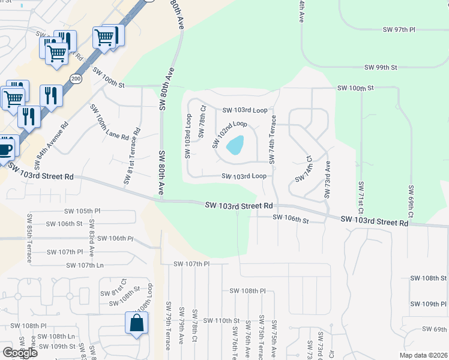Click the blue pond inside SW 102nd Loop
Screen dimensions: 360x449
click(235, 145)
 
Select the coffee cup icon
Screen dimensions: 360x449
click(5, 148)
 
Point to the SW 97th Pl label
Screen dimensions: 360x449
click(399, 29)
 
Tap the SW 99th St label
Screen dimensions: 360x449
click(381, 67)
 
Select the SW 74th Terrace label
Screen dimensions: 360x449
click(273, 139)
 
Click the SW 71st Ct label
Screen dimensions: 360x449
click(361, 198)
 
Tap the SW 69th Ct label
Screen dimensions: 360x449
click(411, 202)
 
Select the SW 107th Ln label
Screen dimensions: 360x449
click(85, 265)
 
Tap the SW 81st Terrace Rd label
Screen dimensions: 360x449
click(133, 155)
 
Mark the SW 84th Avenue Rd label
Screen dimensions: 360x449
click(52, 144)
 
